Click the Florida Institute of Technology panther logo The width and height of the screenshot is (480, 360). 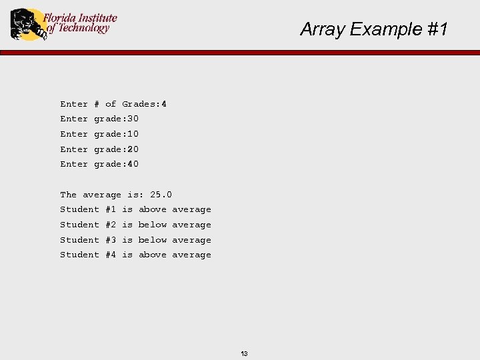(25, 24)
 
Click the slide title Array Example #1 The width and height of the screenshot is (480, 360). (374, 29)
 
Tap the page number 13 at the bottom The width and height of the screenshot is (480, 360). (244, 353)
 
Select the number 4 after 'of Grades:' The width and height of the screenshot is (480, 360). (164, 104)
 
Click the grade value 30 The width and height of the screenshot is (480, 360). (133, 119)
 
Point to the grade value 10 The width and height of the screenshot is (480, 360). (133, 134)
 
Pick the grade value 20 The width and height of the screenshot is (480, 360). (133, 149)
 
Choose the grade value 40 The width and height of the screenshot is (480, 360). (133, 164)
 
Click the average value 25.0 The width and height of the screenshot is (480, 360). (161, 195)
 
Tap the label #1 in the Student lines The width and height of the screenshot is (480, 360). (111, 209)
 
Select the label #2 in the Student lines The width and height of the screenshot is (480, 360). (111, 225)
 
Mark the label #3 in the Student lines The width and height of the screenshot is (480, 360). (111, 240)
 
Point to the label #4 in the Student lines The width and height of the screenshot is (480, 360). (111, 255)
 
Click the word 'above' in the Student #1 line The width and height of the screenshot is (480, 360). (153, 209)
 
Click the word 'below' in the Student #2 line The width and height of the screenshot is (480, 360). (153, 225)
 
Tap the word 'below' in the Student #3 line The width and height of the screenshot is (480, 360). (153, 240)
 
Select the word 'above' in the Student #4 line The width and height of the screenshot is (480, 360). (153, 255)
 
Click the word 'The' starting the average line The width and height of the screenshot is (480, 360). (68, 195)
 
